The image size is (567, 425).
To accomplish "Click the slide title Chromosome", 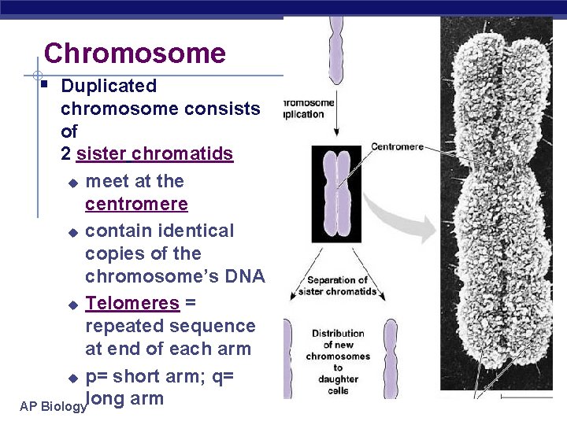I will (135, 54).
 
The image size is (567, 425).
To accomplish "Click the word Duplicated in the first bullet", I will (109, 86).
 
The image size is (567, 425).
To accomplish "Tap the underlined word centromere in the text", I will (136, 205).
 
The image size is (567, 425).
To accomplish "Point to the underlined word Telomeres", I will (132, 303).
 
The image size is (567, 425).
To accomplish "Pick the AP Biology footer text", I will (52, 407).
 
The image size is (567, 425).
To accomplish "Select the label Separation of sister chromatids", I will (337, 286).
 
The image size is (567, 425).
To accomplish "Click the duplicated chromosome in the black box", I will (336, 192).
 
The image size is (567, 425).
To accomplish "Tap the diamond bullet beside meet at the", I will (72, 183).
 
